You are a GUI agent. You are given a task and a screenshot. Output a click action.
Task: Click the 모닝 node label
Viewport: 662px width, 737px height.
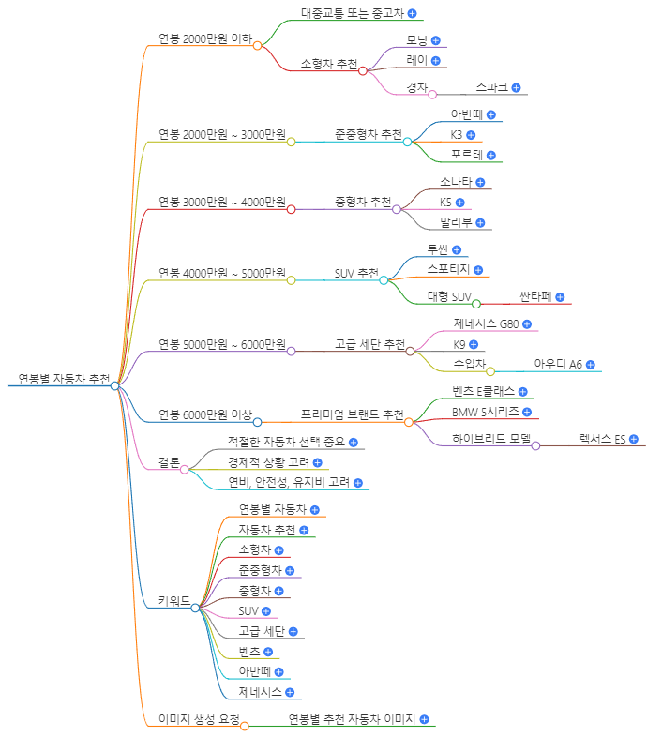[416, 40]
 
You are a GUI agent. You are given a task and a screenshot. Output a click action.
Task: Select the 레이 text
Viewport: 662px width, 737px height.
[416, 60]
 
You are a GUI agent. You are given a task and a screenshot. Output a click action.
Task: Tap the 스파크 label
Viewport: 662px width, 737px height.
[491, 86]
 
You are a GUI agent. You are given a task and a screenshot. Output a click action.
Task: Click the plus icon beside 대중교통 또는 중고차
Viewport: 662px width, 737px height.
[413, 14]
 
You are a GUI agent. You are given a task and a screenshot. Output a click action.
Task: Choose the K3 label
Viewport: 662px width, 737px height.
[456, 135]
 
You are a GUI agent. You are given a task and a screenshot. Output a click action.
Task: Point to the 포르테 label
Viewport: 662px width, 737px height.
[466, 155]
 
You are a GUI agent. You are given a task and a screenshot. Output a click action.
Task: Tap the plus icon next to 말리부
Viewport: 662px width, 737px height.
[480, 223]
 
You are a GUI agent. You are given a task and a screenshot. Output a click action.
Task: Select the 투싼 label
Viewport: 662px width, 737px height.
[438, 249]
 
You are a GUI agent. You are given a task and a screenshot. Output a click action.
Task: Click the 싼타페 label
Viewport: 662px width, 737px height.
[535, 297]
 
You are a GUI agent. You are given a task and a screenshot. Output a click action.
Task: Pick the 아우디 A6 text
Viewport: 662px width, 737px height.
[558, 364]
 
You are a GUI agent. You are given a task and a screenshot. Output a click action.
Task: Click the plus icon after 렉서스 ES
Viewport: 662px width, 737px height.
[633, 439]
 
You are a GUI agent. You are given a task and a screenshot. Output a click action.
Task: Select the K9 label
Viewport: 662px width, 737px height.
[459, 344]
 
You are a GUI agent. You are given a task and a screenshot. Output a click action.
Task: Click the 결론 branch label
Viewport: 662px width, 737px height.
[169, 462]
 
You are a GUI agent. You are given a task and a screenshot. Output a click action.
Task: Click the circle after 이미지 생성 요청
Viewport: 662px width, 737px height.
[244, 725]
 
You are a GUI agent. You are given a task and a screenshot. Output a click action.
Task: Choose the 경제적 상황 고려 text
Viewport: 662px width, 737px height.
[268, 462]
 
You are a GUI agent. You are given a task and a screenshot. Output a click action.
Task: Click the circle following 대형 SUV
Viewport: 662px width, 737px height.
[476, 304]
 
